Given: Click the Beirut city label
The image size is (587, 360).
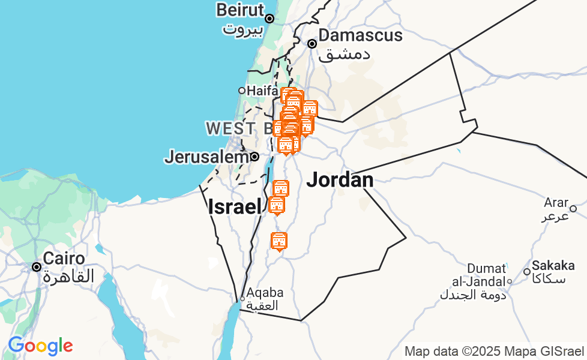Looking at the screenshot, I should click(x=240, y=10).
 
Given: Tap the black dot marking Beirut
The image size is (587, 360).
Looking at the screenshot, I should click(x=269, y=19).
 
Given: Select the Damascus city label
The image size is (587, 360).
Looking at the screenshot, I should click(x=360, y=35).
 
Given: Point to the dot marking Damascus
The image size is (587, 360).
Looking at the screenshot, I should click(x=312, y=44).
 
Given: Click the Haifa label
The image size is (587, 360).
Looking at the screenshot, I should click(x=262, y=91).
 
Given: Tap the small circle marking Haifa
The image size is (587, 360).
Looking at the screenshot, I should click(x=242, y=91).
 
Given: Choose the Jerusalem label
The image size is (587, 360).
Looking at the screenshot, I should click(x=206, y=157).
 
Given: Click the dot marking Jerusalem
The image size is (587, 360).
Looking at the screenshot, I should click(x=255, y=157).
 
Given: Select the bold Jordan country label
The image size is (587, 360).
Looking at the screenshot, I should click(x=340, y=179).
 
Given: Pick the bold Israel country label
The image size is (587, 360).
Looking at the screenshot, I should click(x=235, y=207).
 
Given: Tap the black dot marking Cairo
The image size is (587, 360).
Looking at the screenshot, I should click(x=37, y=266).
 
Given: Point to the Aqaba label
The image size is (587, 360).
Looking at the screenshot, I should click(x=265, y=293).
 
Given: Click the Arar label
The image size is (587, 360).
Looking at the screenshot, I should click(x=555, y=202).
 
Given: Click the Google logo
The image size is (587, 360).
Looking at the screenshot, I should click(x=40, y=346).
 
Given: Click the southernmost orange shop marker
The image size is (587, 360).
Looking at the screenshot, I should click(x=278, y=241).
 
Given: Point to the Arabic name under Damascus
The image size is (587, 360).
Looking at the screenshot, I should click(x=344, y=54).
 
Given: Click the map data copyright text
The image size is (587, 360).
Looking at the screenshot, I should click(x=494, y=352).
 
